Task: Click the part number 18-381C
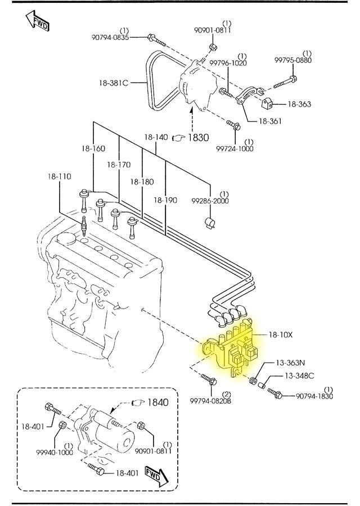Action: [x=114, y=83]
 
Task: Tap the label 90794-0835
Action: [x=110, y=37]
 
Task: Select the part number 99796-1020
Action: [x=228, y=64]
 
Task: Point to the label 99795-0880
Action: [x=293, y=60]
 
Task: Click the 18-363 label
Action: [x=299, y=104]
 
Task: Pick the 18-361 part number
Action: [x=270, y=121]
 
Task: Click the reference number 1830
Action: [x=198, y=137]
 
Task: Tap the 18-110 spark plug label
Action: [x=59, y=177]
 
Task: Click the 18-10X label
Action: [x=280, y=335]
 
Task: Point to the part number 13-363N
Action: [x=290, y=363]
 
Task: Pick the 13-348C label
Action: [x=299, y=375]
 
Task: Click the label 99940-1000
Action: [x=55, y=452]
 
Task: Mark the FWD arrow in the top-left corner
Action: [x=37, y=21]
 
